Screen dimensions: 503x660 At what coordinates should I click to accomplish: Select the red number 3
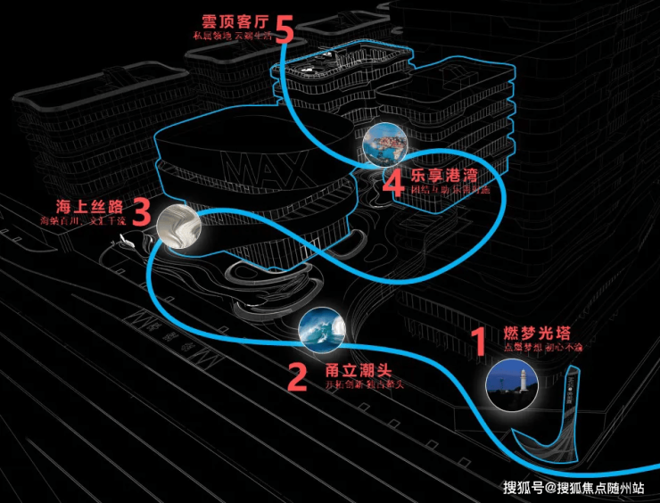point(140,213)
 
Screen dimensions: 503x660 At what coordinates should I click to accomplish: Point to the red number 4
point(393,184)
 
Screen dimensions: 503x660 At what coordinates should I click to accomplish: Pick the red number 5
point(284,29)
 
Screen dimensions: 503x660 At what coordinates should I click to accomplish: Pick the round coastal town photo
point(385,144)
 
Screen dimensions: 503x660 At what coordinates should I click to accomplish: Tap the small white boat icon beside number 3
point(126,243)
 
